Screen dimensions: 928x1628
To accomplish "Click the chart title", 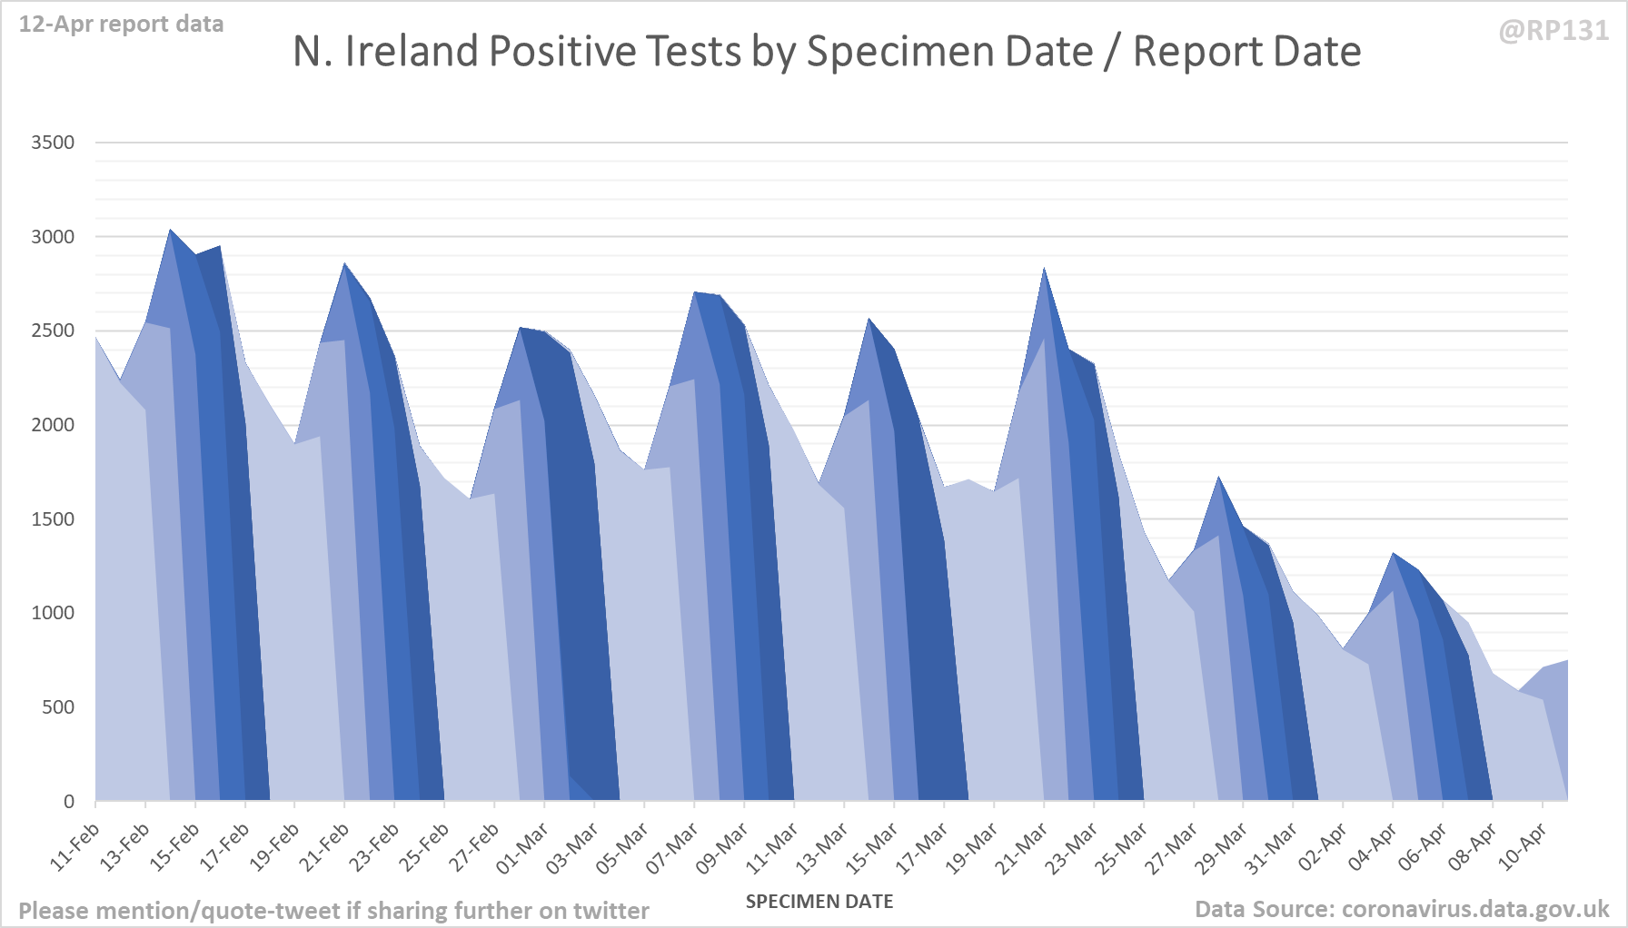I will (x=826, y=52).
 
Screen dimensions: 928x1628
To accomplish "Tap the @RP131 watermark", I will (x=1554, y=31).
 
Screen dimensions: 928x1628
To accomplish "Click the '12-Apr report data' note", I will (x=121, y=25).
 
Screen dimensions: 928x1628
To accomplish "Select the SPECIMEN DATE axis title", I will (x=819, y=902).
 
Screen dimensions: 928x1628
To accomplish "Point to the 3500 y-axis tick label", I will (x=53, y=143).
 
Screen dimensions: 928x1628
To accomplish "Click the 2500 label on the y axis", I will (x=53, y=331).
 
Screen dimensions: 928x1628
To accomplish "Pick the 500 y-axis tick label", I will (x=57, y=707).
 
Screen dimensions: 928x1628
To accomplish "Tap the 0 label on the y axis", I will (x=69, y=802).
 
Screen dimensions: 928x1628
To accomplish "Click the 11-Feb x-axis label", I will (x=74, y=847).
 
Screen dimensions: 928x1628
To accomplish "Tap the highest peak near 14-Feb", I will (x=171, y=231).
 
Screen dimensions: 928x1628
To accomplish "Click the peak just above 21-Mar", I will (x=1044, y=269).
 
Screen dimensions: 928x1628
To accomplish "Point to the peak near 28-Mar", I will (x=1218, y=478).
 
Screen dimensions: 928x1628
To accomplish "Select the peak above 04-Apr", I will (x=1393, y=554).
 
